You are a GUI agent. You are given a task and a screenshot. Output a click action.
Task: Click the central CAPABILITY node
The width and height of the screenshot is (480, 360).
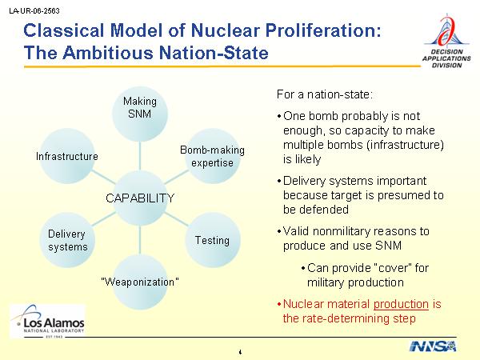140,198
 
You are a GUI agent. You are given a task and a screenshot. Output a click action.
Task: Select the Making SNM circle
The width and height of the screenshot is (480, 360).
140,114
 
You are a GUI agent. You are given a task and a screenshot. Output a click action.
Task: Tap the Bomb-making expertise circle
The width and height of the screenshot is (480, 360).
213,156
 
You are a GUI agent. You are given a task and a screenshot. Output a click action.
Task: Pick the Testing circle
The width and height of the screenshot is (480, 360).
213,240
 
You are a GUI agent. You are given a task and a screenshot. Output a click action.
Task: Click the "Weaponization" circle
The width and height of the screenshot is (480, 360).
140,282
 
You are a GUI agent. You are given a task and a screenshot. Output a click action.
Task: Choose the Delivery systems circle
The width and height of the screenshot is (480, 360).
67,240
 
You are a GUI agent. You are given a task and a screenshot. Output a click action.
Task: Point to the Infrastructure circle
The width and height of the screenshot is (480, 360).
67,156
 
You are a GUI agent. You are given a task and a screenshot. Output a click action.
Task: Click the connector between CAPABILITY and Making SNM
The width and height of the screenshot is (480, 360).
140,156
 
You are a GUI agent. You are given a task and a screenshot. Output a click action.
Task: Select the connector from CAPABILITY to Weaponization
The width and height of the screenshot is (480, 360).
140,240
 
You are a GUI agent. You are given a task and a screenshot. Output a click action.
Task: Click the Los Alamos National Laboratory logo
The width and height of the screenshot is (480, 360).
47,321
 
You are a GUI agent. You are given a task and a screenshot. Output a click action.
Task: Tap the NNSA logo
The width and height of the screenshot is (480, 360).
433,346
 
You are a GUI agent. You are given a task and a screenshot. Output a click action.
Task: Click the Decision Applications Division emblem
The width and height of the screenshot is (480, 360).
446,41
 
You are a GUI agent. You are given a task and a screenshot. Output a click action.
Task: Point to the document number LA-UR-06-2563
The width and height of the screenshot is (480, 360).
34,11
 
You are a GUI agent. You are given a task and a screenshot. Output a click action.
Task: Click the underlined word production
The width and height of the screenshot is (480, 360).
401,304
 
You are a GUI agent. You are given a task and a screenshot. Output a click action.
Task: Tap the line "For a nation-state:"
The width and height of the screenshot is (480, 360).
325,94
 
